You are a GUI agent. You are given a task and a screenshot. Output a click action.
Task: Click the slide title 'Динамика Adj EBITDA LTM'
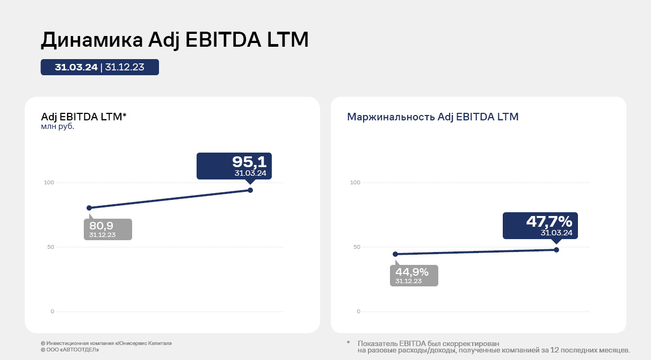[175, 40]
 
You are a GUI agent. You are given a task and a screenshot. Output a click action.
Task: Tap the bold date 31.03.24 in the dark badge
[76, 67]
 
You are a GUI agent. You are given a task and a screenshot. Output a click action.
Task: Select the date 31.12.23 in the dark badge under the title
[125, 67]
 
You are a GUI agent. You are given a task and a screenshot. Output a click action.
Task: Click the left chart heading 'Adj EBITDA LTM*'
[84, 117]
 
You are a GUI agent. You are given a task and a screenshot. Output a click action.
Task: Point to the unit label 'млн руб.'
[57, 127]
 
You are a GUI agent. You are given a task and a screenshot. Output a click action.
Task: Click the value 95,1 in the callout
[249, 162]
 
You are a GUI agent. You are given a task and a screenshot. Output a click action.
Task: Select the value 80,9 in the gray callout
[102, 226]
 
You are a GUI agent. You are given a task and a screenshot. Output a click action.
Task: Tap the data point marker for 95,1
[250, 190]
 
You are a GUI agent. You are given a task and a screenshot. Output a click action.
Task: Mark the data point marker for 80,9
[89, 208]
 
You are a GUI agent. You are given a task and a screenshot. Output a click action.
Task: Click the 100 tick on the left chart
[49, 183]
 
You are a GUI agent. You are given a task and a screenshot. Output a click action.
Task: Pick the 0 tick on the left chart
[52, 312]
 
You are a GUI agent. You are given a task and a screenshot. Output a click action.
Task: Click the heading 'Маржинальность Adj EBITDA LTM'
[433, 117]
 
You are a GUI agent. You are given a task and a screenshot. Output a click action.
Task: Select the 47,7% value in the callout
[549, 221]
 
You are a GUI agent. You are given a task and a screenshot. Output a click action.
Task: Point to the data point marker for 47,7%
[556, 250]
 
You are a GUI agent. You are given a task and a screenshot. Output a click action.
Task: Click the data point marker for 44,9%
[395, 254]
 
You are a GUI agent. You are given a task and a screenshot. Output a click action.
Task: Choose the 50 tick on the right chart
[356, 247]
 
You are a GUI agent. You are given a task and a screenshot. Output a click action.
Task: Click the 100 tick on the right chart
[355, 183]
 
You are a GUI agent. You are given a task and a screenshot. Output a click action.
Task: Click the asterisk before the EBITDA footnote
[348, 343]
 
